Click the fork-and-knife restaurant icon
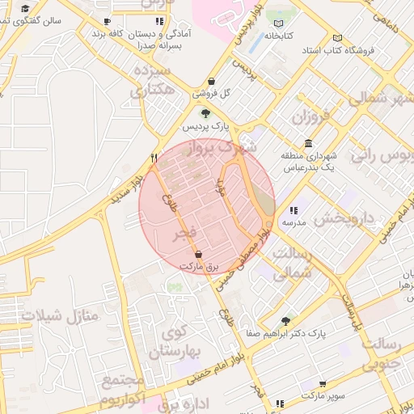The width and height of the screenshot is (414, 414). click(x=154, y=158)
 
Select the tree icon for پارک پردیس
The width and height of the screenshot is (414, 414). click(x=205, y=113)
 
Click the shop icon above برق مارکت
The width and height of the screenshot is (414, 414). click(x=199, y=254)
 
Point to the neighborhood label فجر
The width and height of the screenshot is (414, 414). click(x=187, y=235)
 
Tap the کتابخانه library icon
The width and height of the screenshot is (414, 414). click(x=280, y=23)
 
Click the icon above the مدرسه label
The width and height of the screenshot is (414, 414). click(x=293, y=209)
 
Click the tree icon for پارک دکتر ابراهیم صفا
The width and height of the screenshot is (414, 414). click(x=284, y=321)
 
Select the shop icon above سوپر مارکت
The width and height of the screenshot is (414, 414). click(x=324, y=384)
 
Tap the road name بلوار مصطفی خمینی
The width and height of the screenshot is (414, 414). click(x=249, y=251)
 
